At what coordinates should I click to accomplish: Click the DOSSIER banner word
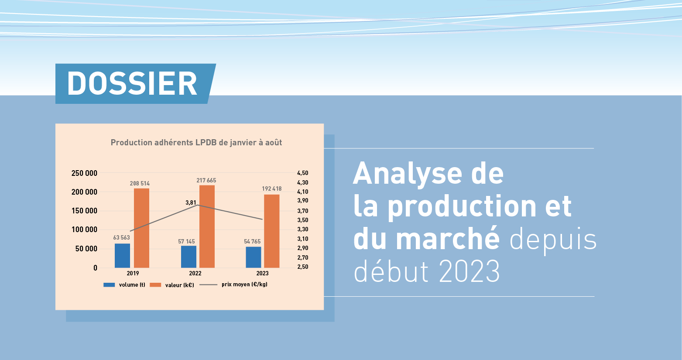pyautogui.click(x=132, y=84)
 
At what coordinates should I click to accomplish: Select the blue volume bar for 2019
pyautogui.click(x=123, y=256)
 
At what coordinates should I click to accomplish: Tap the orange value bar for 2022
pyautogui.click(x=207, y=226)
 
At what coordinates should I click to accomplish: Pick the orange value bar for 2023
pyautogui.click(x=271, y=231)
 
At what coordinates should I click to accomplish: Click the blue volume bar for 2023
pyautogui.click(x=254, y=257)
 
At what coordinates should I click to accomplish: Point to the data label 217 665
pyautogui.click(x=206, y=180)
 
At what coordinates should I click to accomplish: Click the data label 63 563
pyautogui.click(x=121, y=237)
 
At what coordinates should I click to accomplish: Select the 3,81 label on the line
pyautogui.click(x=191, y=202)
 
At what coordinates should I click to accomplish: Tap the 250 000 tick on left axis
pyautogui.click(x=84, y=173)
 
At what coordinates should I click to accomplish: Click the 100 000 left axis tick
pyautogui.click(x=84, y=230)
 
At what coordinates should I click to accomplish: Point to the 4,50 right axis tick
pyautogui.click(x=303, y=173)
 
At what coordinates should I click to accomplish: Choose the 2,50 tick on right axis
pyautogui.click(x=303, y=267)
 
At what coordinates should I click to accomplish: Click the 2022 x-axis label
pyautogui.click(x=195, y=273)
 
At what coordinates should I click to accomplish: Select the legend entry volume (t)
pyautogui.click(x=124, y=285)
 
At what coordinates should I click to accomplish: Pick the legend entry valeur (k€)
pyautogui.click(x=172, y=285)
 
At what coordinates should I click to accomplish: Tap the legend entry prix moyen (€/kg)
pyautogui.click(x=233, y=285)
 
